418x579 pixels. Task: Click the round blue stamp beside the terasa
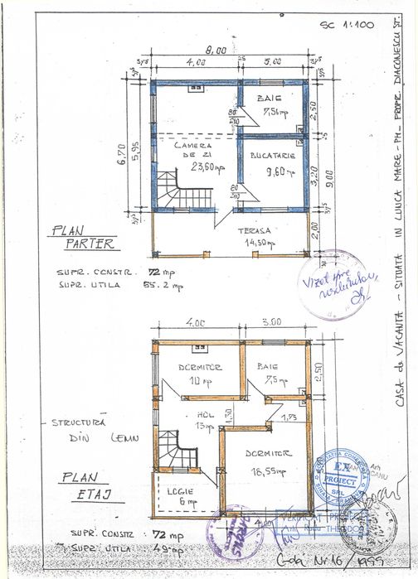(335, 285)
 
